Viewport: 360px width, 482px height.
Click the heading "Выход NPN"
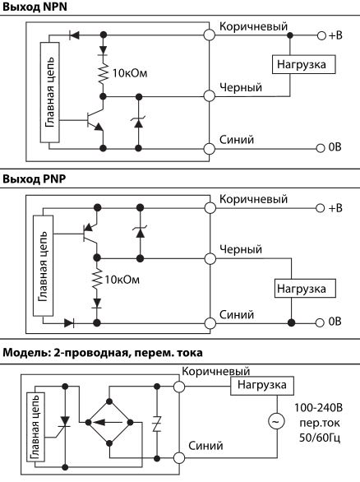tap(35, 7)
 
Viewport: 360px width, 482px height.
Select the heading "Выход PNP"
tap(35, 179)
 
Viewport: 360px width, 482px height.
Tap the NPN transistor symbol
tap(95, 120)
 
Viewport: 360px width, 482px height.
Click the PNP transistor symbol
tap(90, 234)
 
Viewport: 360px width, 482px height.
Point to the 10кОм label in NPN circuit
tap(130, 73)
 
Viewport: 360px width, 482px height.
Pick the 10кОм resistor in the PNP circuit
tap(97, 278)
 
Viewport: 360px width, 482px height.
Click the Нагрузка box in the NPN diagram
tap(303, 64)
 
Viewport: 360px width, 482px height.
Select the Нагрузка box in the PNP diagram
tap(305, 289)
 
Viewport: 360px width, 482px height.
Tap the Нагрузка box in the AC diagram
tap(262, 386)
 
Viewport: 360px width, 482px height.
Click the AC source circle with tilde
tap(276, 421)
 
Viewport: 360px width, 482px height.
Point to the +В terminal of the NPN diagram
tap(321, 35)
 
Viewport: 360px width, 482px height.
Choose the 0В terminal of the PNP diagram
tap(320, 322)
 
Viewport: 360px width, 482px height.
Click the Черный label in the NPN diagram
tap(241, 87)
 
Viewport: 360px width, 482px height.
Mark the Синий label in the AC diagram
tap(205, 446)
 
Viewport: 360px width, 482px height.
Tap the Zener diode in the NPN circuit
tap(139, 123)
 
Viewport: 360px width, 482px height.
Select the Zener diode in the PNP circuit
tap(140, 232)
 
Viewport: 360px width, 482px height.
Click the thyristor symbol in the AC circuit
tap(65, 423)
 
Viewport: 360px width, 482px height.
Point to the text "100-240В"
tap(318, 408)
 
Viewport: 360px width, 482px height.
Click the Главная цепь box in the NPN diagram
tap(50, 92)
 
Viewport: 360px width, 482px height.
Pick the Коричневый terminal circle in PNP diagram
tap(210, 208)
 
